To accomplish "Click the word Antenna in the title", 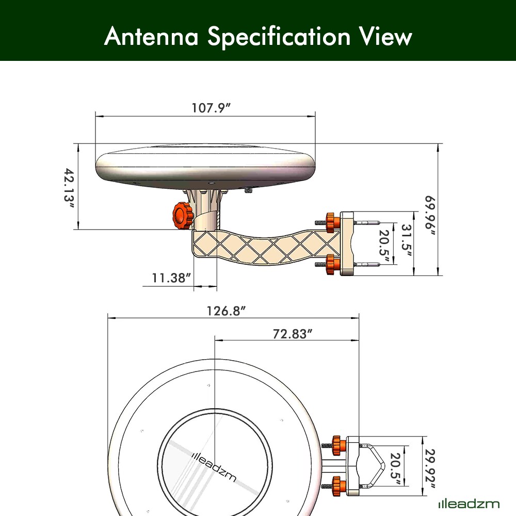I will click(151, 37).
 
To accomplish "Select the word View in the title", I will click(384, 37).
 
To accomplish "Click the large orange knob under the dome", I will click(182, 215).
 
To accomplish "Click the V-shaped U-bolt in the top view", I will click(377, 466).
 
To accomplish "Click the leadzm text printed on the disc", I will click(214, 466).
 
